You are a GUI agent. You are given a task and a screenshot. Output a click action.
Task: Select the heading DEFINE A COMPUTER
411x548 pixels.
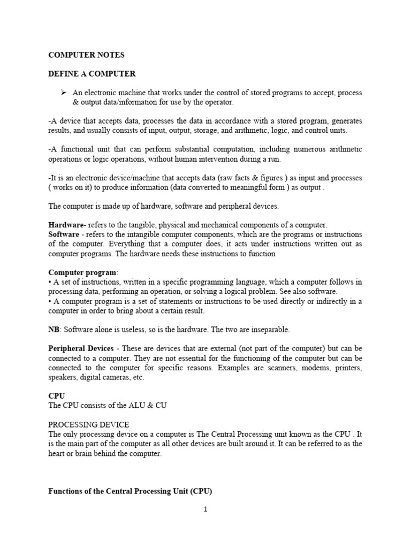92,74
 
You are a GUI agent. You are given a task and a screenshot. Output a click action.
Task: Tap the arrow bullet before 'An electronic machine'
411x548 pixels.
63,93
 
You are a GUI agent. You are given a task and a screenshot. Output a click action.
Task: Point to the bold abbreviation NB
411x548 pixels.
54,330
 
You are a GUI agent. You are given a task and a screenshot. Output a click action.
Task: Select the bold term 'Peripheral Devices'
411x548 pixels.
81,348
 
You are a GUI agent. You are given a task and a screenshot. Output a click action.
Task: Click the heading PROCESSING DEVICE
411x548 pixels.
88,424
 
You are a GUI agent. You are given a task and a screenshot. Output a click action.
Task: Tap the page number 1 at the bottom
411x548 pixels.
205,509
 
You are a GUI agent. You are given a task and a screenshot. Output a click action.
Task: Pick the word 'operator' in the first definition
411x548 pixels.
220,102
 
